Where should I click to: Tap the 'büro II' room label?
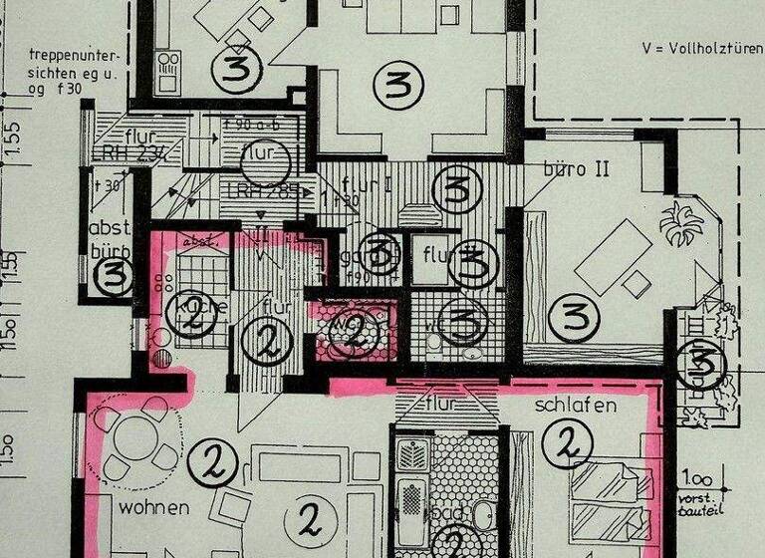pos(576,169)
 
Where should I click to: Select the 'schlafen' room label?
pos(576,406)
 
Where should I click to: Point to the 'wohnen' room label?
pos(152,507)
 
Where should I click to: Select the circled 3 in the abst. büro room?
pos(114,276)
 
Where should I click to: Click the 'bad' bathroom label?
pos(447,514)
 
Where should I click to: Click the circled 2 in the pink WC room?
pos(354,332)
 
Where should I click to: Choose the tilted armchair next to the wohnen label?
pos(234,505)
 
